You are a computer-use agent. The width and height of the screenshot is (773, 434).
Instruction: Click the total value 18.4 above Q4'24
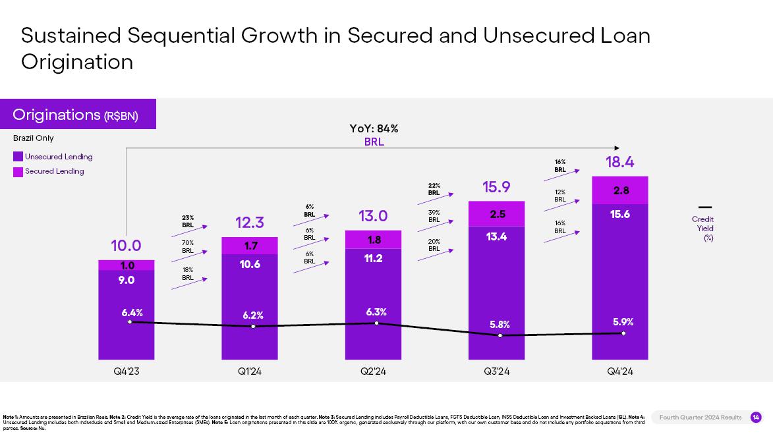[x=619, y=162]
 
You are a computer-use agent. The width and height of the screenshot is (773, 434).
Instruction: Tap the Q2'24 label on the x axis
[x=373, y=371]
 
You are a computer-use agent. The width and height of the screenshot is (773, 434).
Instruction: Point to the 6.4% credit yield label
[x=132, y=312]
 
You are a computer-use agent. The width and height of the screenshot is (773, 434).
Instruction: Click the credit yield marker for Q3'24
[x=500, y=335]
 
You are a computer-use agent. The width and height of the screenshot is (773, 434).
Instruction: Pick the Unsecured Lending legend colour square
[x=18, y=157]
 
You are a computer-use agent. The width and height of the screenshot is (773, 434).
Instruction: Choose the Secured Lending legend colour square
[x=18, y=171]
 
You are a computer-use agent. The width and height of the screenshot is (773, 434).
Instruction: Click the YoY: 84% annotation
[x=374, y=129]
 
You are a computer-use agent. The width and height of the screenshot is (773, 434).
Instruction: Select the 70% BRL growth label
[x=188, y=246]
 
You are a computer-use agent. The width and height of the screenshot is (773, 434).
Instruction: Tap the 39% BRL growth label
[x=434, y=216]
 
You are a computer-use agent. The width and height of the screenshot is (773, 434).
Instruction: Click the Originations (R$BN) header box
[x=78, y=115]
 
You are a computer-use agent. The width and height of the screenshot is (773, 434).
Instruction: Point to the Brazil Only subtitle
[x=34, y=138]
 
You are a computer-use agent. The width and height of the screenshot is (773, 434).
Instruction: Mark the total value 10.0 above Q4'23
[x=126, y=246]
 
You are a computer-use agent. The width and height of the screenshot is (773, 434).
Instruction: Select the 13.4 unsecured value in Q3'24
[x=496, y=237]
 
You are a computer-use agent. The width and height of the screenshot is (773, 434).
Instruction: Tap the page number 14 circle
[x=755, y=417]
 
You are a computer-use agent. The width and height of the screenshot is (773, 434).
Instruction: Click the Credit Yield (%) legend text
[x=702, y=229]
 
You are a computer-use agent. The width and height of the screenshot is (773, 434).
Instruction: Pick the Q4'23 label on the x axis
[x=126, y=371]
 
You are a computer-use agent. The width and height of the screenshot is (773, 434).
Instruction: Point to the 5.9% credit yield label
[x=623, y=322]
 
